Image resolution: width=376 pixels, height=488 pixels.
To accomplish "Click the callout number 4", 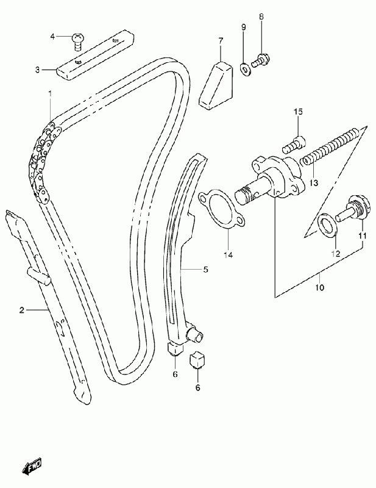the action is pos(52,37).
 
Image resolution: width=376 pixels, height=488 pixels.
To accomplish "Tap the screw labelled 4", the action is pos(77,41).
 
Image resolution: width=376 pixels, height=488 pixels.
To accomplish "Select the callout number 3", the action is pos(37,70).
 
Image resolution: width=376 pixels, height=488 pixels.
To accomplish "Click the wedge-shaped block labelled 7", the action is pos(216,86).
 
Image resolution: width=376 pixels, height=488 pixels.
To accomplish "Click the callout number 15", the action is pos(298,112).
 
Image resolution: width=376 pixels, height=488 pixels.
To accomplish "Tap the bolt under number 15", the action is pos(294,145).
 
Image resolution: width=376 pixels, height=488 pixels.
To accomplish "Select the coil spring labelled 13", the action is pos(331,145).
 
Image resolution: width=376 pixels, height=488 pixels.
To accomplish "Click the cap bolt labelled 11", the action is pos(353,209).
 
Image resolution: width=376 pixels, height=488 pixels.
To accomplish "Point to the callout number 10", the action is pos(320,287).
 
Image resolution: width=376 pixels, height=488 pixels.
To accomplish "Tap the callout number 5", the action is pos(205,270).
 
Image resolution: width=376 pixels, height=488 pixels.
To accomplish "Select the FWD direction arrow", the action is pos(32,466).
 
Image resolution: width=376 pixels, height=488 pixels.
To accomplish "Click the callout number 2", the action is pos(21,310).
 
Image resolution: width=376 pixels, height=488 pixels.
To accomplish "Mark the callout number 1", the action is pos(50,93).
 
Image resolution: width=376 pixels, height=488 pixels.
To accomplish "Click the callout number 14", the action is pos(228,255).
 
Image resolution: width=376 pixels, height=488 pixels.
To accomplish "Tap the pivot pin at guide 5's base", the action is pos(194,335).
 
